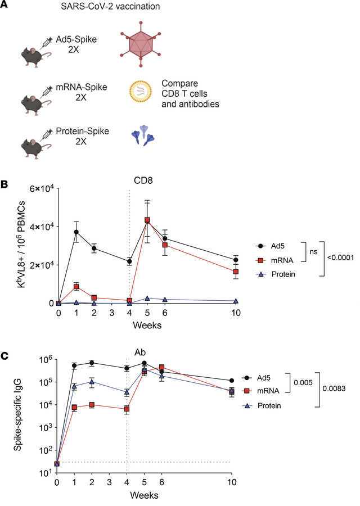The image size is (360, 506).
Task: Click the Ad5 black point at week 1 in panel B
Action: (76, 232)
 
